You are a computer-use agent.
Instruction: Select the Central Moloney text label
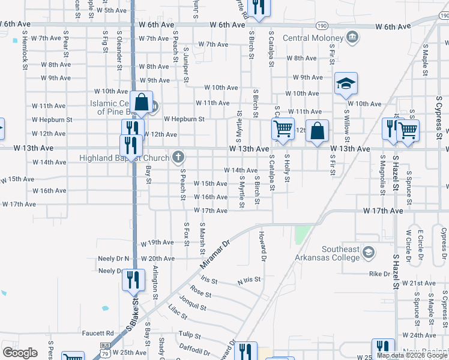click(312, 38)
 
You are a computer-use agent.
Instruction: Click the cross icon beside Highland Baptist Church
click(178, 158)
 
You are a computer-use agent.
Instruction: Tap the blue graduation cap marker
click(346, 85)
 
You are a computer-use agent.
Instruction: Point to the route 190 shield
click(323, 26)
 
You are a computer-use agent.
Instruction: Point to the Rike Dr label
click(379, 274)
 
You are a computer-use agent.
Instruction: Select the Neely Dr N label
click(113, 259)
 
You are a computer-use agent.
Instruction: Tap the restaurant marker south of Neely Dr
click(132, 280)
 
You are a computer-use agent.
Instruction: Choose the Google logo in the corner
click(20, 353)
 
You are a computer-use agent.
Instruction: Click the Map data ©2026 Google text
click(412, 355)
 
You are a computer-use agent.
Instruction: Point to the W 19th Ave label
click(157, 243)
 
